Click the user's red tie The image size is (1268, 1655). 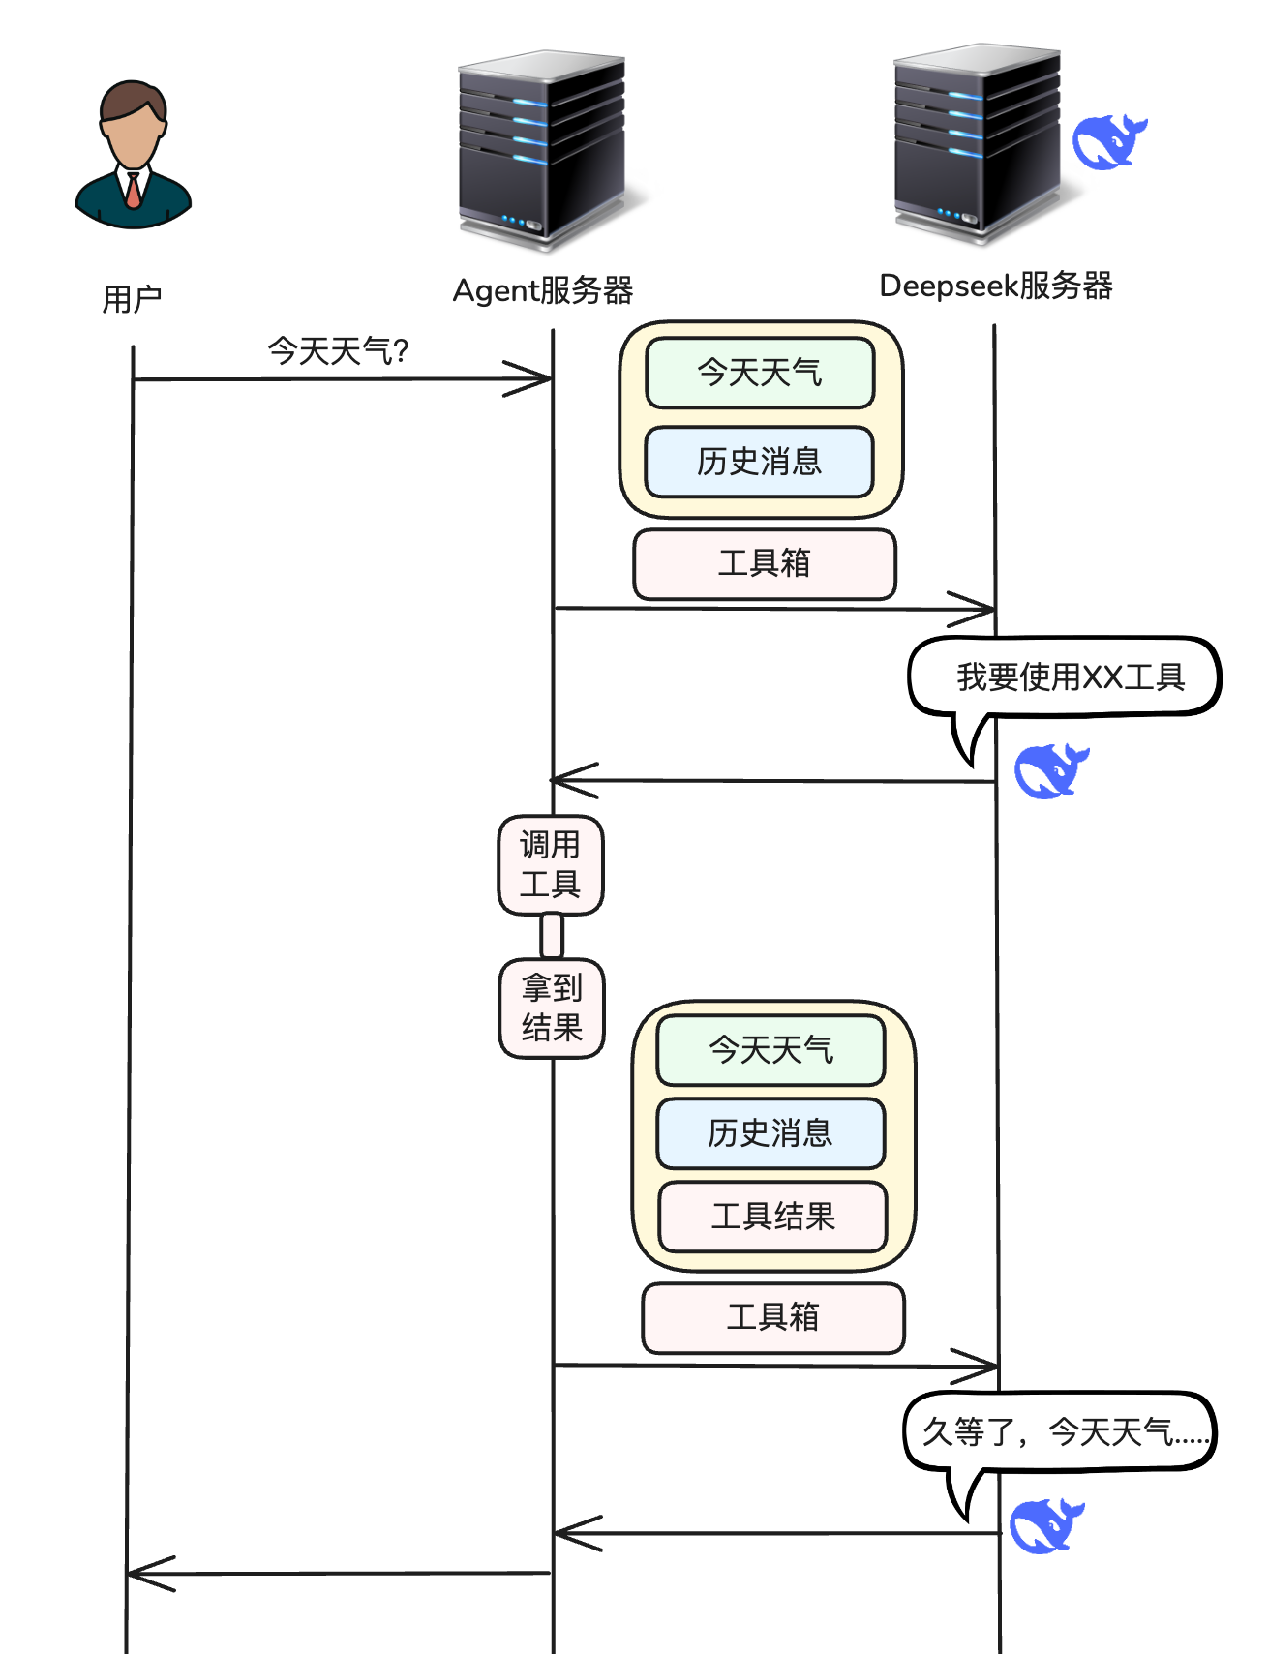tap(133, 191)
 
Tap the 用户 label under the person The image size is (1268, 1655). tap(132, 299)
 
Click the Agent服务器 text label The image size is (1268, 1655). tap(542, 290)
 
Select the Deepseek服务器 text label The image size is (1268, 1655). tap(995, 286)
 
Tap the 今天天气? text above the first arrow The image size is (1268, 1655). tap(338, 350)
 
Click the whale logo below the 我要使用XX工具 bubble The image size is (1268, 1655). tap(1049, 770)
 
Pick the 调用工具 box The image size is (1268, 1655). tap(551, 864)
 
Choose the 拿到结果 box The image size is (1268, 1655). tap(552, 1008)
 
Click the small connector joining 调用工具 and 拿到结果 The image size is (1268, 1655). tap(552, 936)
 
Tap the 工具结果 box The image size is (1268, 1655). tap(772, 1217)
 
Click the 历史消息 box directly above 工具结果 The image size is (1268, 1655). tap(770, 1133)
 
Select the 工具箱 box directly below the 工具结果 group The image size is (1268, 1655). tap(772, 1317)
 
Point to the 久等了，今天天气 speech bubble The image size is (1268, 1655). tap(1059, 1431)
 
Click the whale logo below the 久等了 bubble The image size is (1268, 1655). tap(1045, 1525)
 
